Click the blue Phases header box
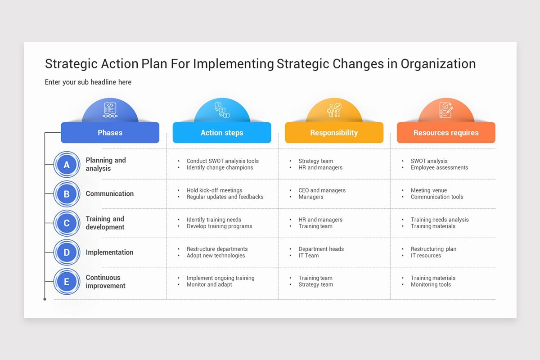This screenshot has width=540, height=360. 110,133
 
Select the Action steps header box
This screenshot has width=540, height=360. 222,133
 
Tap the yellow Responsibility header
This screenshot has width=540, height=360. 334,133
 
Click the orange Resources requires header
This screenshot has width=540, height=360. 446,133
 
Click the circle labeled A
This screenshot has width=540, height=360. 67,165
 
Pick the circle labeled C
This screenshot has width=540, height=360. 67,223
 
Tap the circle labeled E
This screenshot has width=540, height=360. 67,282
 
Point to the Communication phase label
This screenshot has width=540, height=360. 110,193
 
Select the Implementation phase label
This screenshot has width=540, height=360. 109,252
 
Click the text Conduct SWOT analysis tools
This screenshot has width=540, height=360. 223,161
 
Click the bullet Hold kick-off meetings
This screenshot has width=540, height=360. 214,190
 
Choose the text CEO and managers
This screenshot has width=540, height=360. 322,190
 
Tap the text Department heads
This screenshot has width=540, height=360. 321,249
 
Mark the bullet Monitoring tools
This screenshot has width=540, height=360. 431,284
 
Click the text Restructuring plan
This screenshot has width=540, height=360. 433,249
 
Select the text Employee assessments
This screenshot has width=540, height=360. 439,167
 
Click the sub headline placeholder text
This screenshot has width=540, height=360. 88,82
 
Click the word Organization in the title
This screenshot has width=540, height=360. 438,63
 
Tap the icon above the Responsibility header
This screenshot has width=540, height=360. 334,110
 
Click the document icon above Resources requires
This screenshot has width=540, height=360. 446,110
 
